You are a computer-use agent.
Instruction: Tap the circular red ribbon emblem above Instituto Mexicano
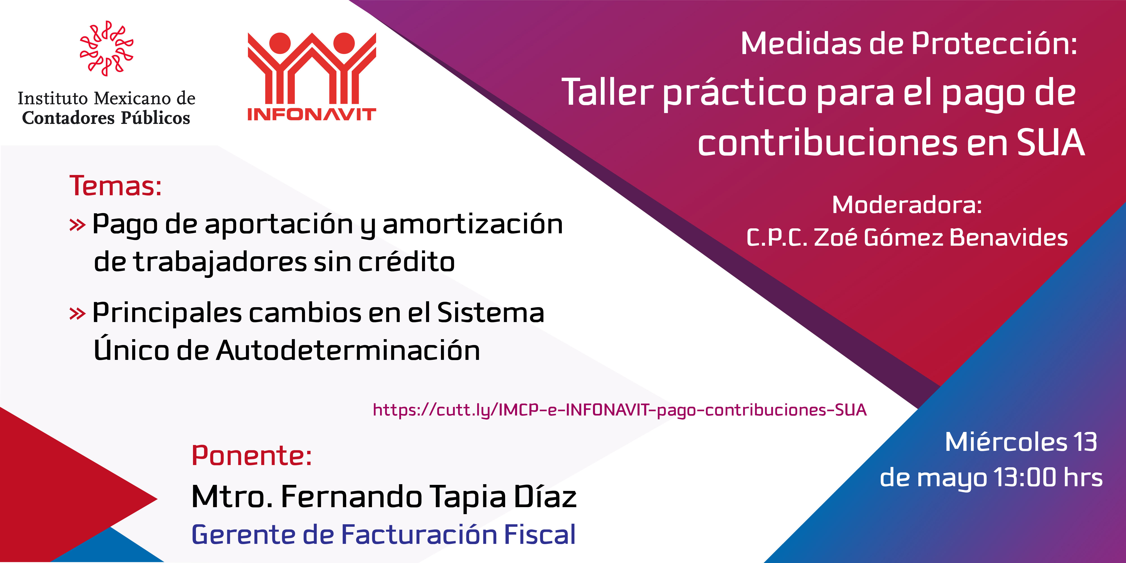[x=106, y=48]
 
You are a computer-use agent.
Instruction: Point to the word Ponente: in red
[x=252, y=456]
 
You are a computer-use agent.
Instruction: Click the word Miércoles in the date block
[x=1006, y=442]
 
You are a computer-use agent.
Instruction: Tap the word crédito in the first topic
[x=406, y=262]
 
